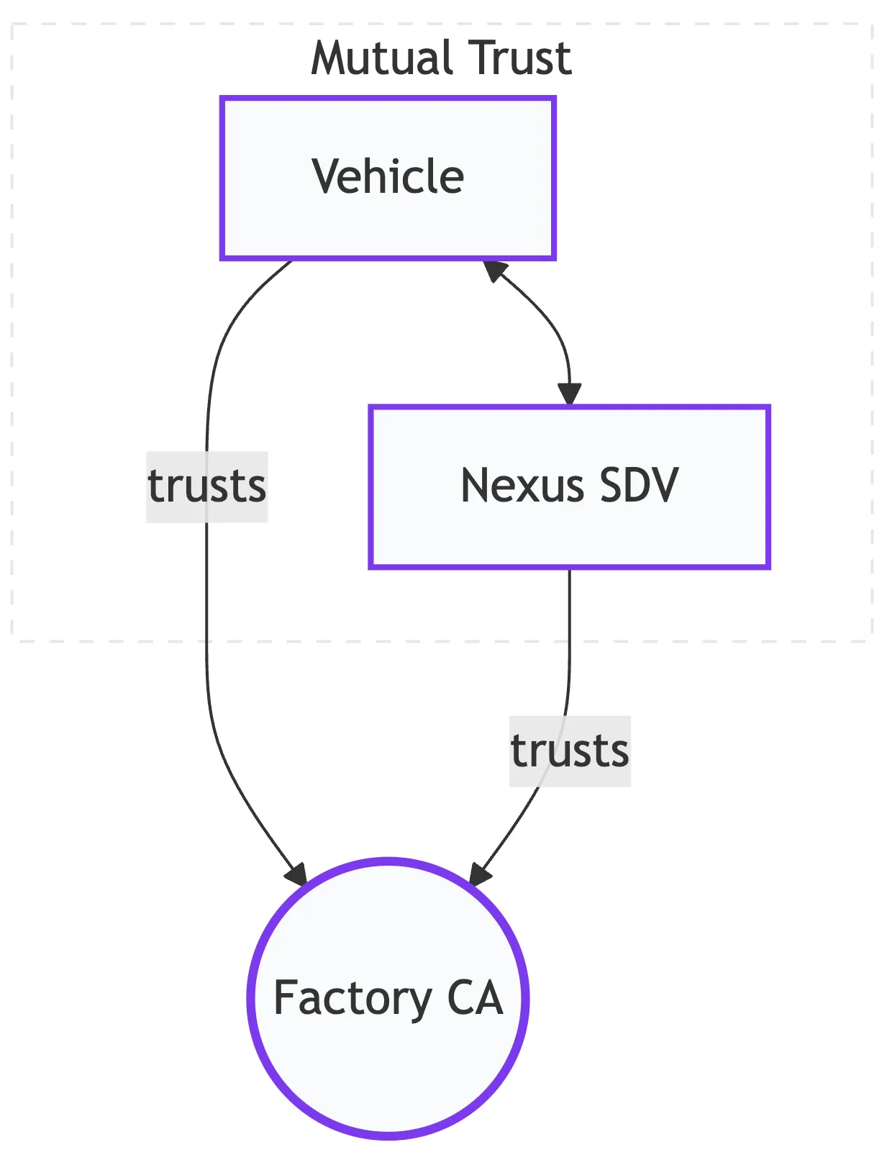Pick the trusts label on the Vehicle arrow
click(x=207, y=486)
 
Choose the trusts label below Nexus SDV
click(x=570, y=751)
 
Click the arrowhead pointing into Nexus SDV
click(x=569, y=395)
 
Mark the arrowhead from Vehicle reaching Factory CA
click(x=296, y=874)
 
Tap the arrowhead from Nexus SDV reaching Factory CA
click(x=480, y=874)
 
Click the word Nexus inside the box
click(x=522, y=486)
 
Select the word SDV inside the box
click(x=639, y=486)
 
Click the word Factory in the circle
click(x=352, y=999)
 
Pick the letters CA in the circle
click(x=475, y=997)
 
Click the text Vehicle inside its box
click(x=388, y=176)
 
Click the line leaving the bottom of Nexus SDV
click(x=570, y=633)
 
